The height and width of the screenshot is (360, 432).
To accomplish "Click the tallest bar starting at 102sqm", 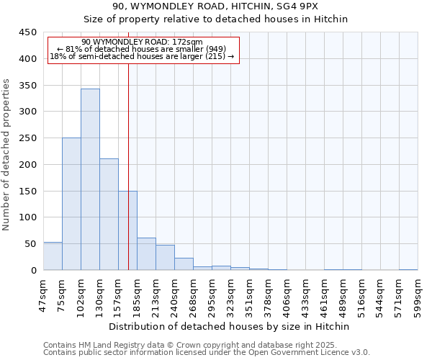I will click(x=90, y=179).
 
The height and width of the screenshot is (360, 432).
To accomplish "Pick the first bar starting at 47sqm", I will click(x=53, y=256).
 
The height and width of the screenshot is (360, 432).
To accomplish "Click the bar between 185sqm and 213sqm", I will click(x=146, y=254).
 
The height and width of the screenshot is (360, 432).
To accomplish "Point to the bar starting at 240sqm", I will click(x=184, y=264).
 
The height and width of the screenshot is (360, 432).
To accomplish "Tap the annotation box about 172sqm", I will click(x=143, y=50).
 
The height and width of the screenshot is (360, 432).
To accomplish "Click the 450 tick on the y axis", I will click(x=28, y=32).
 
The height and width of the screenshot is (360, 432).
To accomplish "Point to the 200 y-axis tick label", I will click(x=28, y=165).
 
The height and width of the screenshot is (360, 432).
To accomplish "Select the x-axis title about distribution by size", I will click(x=230, y=326).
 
